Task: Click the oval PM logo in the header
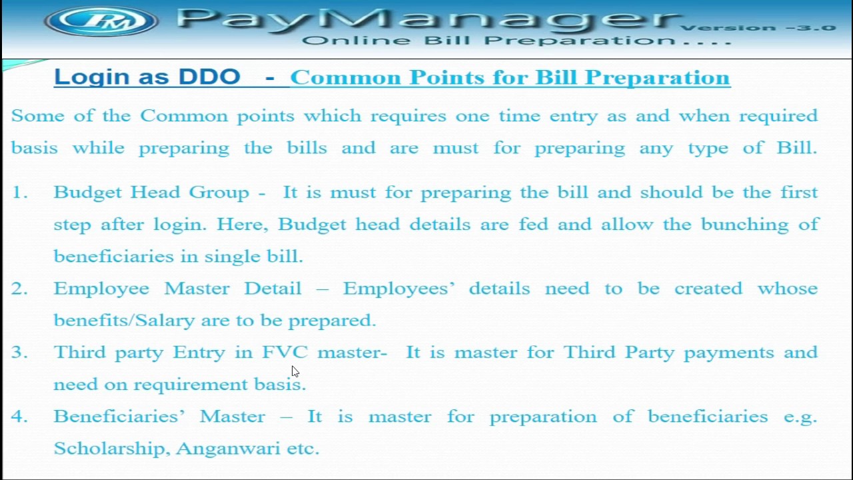(101, 21)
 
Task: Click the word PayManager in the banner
(426, 20)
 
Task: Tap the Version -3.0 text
(758, 28)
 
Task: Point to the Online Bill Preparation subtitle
(516, 41)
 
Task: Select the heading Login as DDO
(147, 77)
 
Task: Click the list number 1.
(19, 193)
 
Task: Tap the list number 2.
(19, 289)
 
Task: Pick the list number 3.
(19, 353)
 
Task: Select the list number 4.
(19, 417)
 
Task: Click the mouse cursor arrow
(295, 371)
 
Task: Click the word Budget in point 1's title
(88, 193)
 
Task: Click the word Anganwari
(228, 449)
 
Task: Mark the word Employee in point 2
(101, 289)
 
